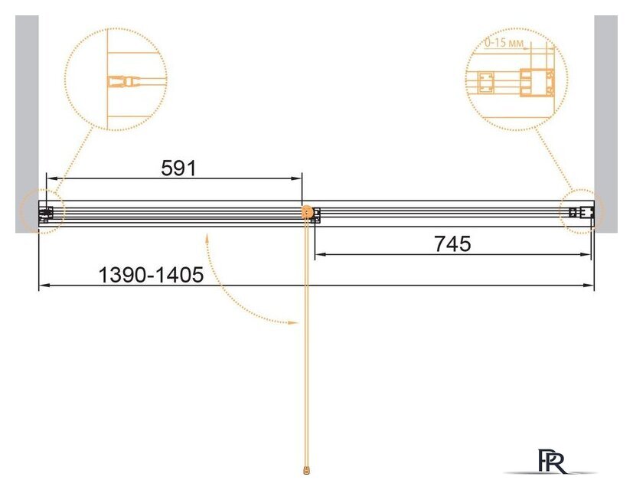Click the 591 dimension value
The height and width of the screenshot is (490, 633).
coord(178,168)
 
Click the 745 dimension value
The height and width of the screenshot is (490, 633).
coord(452,244)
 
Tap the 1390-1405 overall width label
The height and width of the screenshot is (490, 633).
coord(151,276)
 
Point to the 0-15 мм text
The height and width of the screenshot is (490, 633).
coord(504,42)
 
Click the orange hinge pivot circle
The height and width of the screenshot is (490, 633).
coord(307,211)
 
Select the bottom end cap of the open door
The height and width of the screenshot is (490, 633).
coord(308,470)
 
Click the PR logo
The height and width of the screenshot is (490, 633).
coord(552,461)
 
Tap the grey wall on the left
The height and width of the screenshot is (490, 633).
coord(27,123)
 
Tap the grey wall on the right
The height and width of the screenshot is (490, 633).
coord(605,123)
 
